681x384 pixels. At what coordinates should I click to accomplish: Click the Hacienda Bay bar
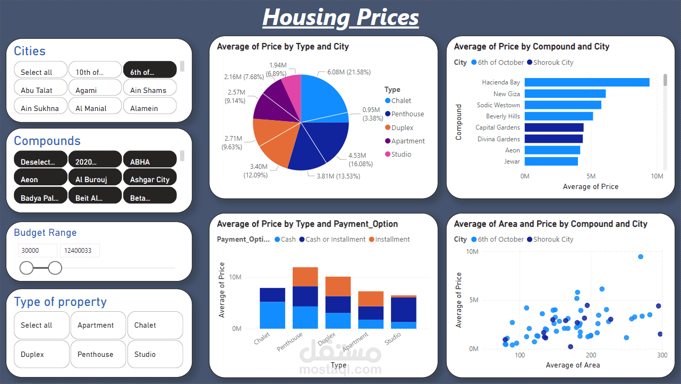point(587,82)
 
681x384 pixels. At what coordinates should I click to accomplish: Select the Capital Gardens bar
point(554,127)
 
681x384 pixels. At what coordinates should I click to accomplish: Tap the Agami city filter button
point(95,90)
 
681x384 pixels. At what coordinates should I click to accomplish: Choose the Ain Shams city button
point(149,90)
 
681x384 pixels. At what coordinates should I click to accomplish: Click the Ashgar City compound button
point(149,180)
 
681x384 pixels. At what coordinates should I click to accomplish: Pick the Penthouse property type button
point(96,354)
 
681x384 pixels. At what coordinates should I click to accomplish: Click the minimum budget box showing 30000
point(37,251)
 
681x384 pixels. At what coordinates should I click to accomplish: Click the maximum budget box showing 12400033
point(80,251)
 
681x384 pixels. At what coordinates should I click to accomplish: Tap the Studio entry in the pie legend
point(401,155)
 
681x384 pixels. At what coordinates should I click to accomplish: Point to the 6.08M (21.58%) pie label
point(348,72)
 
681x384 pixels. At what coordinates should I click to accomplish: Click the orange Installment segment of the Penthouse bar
point(305,277)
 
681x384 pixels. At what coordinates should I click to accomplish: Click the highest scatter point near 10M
point(641,257)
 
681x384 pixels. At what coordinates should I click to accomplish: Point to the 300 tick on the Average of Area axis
point(662,355)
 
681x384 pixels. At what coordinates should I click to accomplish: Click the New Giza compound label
point(506,94)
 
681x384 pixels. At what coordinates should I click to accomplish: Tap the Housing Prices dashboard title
point(340,17)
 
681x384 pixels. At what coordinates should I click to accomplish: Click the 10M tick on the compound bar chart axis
point(657,176)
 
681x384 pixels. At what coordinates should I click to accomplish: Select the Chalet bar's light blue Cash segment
point(273,315)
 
